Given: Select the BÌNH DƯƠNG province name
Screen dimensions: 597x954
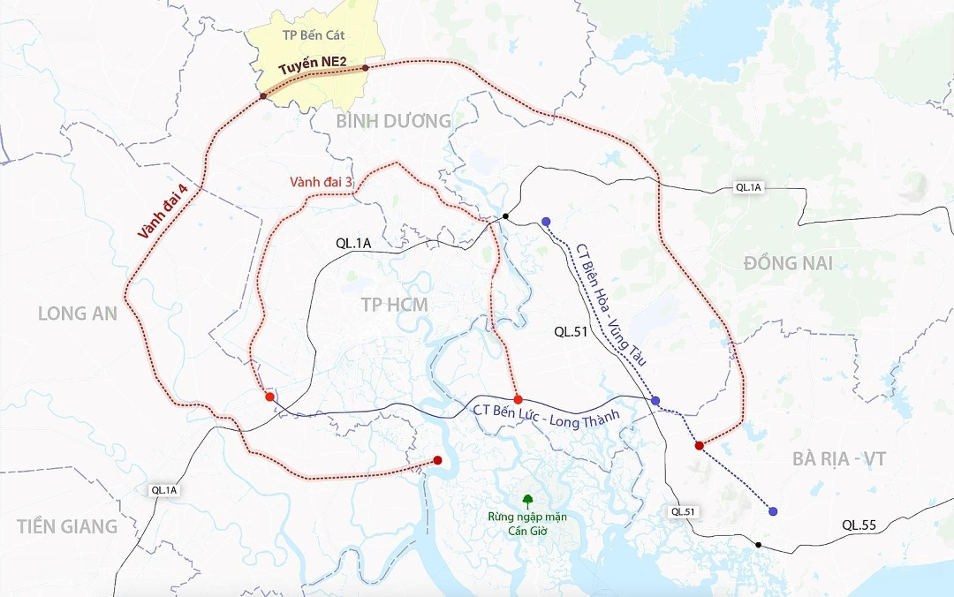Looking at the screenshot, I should tap(393, 121).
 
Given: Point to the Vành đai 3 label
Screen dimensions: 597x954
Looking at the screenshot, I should tap(322, 182).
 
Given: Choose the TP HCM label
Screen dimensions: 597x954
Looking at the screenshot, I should tap(394, 305).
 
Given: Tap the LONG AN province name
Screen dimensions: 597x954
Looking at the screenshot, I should tap(78, 314).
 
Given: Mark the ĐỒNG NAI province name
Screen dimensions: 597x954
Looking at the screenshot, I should tap(788, 263).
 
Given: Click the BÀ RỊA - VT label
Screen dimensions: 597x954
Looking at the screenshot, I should tap(838, 459).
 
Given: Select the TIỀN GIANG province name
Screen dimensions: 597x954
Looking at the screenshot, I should tap(67, 526).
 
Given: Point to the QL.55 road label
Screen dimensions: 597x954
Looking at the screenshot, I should tap(859, 525).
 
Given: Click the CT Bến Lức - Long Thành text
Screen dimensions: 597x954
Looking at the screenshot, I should tap(547, 414).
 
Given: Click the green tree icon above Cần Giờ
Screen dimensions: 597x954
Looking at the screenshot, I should tap(527, 500).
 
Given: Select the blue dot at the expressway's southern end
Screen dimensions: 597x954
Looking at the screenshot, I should tap(773, 511).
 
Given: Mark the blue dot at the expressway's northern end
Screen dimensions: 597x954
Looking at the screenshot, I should tap(546, 222).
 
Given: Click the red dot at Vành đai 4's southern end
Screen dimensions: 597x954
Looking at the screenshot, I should tap(437, 460).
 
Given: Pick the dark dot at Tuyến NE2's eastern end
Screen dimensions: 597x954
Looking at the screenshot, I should tap(366, 67).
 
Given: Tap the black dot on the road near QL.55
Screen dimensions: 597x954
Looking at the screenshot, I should tap(758, 545).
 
